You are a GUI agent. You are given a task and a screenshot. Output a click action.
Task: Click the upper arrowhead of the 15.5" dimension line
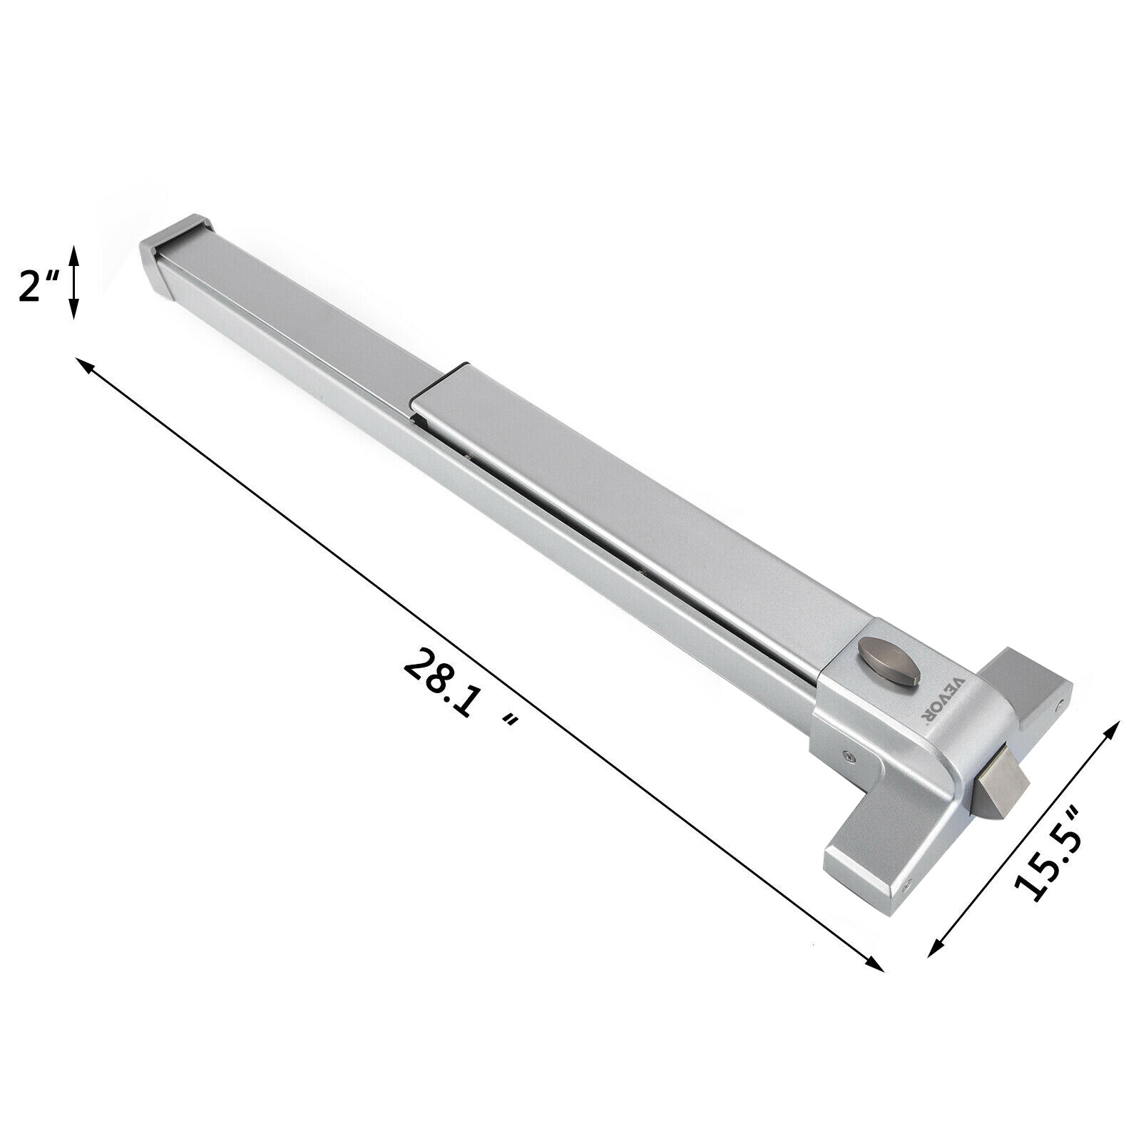[1113, 726]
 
